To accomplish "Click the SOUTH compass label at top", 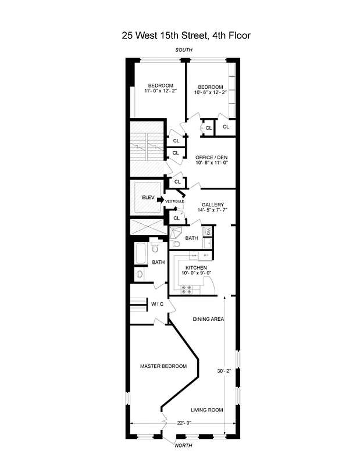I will point(184,51).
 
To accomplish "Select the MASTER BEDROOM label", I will point(163,366).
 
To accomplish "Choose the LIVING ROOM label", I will point(207,410).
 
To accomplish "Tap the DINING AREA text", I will point(209,319).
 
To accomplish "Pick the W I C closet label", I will point(158,304).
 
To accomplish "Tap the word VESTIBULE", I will point(174,202).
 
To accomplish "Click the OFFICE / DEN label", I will point(211,158).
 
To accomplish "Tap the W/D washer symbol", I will point(208,233).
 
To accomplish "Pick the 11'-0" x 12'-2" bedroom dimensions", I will point(159,91).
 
